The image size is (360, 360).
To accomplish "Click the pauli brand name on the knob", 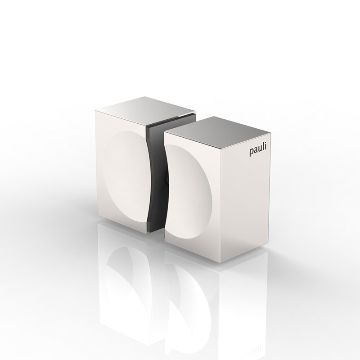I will coord(257,152).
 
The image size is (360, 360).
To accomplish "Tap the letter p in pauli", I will coord(251,153).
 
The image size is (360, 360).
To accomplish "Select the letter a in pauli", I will coord(255,152).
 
